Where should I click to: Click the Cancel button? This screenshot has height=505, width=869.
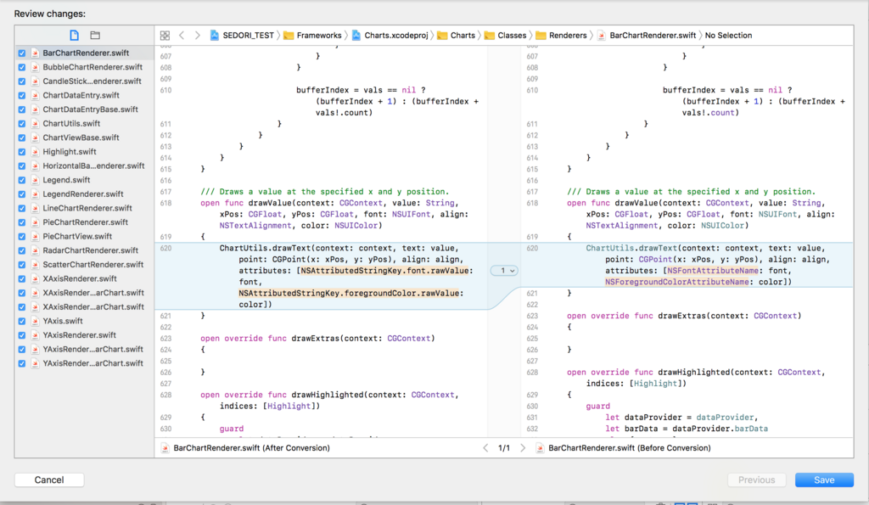pos(49,480)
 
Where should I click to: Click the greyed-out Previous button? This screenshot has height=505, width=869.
pos(756,480)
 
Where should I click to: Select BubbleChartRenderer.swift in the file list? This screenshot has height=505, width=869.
pos(93,67)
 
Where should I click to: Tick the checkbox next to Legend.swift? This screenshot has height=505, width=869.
pos(21,180)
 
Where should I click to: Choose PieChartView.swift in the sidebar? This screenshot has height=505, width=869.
pos(77,236)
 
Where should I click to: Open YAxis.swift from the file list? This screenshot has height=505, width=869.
pos(63,321)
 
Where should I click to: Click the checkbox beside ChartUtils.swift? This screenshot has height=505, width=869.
pos(21,124)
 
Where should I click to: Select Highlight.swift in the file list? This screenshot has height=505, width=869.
pos(70,152)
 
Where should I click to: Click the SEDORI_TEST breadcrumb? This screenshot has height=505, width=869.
pos(249,36)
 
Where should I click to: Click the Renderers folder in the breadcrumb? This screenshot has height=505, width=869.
pos(568,36)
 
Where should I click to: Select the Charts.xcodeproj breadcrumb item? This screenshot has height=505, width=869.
pos(396,36)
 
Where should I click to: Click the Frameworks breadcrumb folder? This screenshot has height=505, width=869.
pos(319,36)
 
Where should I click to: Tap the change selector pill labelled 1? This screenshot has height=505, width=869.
pos(504,271)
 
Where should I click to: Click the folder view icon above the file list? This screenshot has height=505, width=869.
pos(95,36)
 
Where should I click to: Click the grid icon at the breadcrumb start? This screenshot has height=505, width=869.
pos(165,36)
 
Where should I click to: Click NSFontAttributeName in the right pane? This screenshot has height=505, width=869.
pos(713,271)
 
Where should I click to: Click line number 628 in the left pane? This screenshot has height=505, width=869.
pos(165,395)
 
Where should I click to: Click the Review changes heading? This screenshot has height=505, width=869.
pos(50,14)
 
